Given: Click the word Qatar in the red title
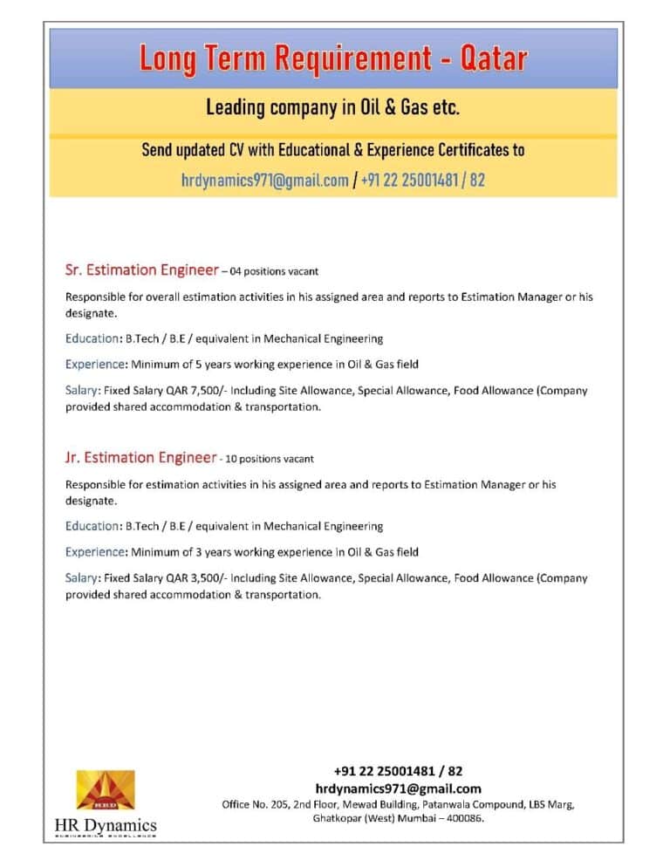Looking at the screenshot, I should click(x=493, y=58).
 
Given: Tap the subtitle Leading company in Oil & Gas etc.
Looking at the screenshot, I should click(x=332, y=108).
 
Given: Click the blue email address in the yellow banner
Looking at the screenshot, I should click(x=264, y=181).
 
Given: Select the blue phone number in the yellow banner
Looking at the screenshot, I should click(x=422, y=181).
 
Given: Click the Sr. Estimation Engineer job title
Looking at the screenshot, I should click(x=141, y=270).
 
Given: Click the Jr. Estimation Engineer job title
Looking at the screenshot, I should click(x=140, y=457).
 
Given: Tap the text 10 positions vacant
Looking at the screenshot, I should click(x=270, y=459).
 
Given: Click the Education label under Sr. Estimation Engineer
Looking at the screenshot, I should click(x=92, y=338).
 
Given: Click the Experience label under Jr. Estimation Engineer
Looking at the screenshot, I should click(x=96, y=552).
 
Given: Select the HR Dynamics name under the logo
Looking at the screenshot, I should click(x=106, y=824).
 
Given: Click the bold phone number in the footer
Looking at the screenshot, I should click(x=398, y=771).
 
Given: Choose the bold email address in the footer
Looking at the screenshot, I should click(x=398, y=788).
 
